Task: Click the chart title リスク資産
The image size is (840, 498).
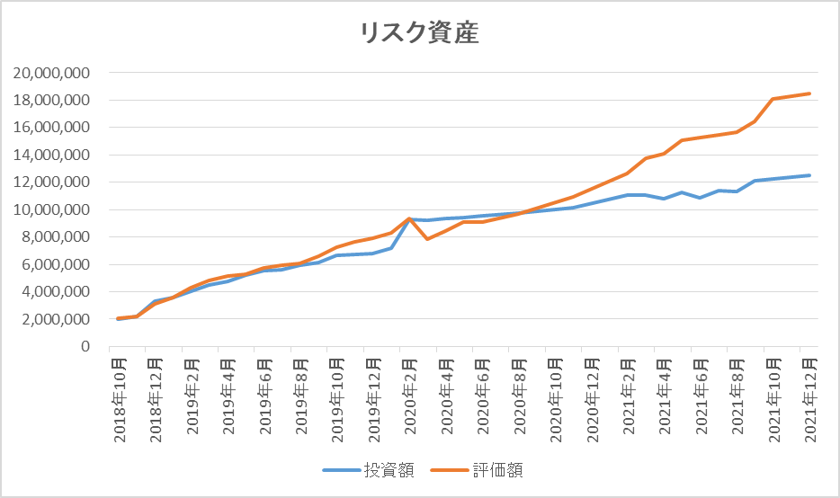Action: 419,33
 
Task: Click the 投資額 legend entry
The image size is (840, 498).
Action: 368,470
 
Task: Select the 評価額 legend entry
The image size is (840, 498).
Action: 477,470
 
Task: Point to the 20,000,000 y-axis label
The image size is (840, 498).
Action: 51,73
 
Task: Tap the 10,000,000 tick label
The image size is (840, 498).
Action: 51,210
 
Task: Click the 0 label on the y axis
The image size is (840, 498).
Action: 85,347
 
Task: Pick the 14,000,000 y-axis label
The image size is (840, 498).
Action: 51,156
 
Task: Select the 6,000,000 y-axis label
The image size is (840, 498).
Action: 56,264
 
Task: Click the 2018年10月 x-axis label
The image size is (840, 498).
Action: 120,400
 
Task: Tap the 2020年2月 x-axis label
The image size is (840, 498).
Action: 411,396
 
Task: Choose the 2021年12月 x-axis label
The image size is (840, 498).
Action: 811,400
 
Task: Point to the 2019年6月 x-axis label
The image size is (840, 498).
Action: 265,396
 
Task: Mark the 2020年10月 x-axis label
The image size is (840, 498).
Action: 557,400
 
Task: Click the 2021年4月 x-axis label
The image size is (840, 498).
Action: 666,396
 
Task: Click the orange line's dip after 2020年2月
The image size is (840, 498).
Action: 427,239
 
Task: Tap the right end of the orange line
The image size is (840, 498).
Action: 809,93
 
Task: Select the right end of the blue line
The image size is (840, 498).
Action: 809,175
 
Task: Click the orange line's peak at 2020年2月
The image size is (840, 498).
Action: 408,218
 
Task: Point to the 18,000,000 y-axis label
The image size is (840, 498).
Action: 51,100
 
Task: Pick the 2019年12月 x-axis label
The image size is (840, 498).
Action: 374,400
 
